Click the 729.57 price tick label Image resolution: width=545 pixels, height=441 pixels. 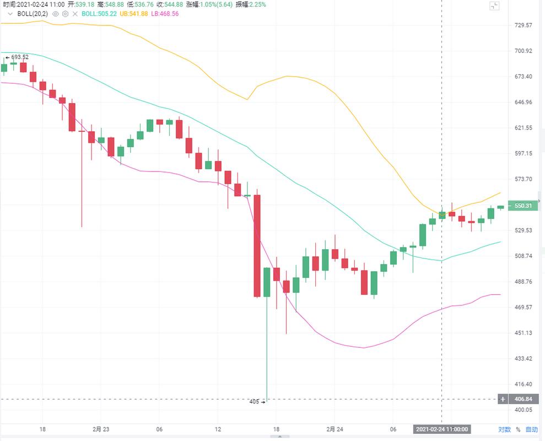(x=523, y=25)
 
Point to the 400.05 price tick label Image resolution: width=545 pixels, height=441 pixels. (x=523, y=410)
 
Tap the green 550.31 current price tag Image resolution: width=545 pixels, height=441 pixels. (x=522, y=206)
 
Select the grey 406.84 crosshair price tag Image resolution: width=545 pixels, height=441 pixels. (x=522, y=399)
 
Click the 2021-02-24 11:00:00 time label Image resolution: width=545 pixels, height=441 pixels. (x=441, y=429)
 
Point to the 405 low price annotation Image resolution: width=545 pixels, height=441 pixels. (x=255, y=402)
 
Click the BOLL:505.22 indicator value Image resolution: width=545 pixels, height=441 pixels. (x=99, y=13)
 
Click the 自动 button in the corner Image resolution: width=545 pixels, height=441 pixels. (x=531, y=429)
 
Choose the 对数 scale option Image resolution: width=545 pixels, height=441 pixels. (x=504, y=429)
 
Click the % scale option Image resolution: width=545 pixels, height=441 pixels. (x=518, y=429)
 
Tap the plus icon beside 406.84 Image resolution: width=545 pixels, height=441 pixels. (x=503, y=399)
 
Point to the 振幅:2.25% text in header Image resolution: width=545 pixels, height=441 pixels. (x=251, y=4)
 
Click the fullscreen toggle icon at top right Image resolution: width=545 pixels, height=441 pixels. (x=494, y=6)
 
